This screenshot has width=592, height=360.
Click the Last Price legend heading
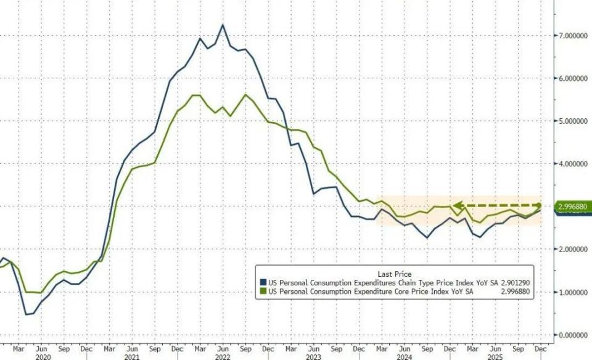[394, 274]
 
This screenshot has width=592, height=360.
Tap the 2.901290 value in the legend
[514, 283]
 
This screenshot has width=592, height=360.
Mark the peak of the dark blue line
[223, 25]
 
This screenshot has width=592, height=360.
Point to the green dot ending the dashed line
[538, 205]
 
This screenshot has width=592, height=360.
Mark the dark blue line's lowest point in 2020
[28, 314]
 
